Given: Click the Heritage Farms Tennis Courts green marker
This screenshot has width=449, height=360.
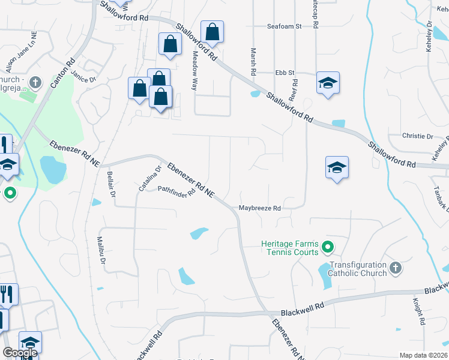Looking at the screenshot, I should tap(328, 246).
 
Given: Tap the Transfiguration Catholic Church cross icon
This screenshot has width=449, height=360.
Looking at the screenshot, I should tap(395, 268).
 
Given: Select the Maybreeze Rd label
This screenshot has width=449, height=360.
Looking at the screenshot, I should tap(260, 208).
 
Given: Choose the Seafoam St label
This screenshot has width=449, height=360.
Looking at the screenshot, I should tap(284, 26).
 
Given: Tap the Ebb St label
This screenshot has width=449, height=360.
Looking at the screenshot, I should tap(285, 73).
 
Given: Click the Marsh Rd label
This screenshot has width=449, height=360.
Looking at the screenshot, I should tap(253, 61).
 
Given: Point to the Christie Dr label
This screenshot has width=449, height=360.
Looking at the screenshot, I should tap(418, 136).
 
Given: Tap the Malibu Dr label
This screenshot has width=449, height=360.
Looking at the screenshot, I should tap(101, 251).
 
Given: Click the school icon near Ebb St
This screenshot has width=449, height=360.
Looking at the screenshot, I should tap(328, 83).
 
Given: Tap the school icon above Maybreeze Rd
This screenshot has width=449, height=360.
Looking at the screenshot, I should tap(337, 167).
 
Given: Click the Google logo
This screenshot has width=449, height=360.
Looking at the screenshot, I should tap(19, 353).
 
